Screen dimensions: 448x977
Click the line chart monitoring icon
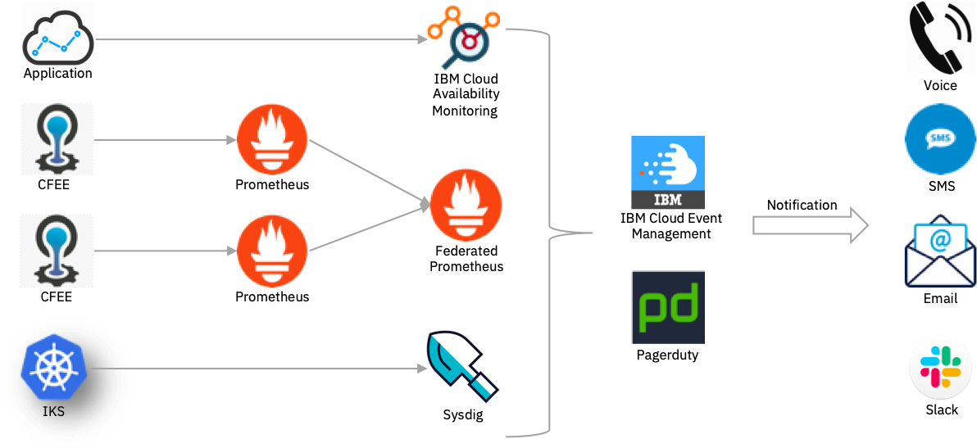click(57, 38)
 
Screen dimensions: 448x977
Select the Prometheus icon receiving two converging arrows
click(466, 205)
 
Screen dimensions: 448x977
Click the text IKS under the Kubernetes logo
click(53, 411)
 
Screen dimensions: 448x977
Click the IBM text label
click(667, 198)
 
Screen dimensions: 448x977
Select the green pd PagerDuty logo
click(667, 306)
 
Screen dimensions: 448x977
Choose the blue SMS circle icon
click(939, 139)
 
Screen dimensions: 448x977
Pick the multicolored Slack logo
click(940, 365)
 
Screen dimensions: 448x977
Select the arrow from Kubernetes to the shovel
click(262, 369)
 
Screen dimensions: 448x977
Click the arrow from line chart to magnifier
click(262, 38)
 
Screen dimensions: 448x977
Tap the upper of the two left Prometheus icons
click(272, 140)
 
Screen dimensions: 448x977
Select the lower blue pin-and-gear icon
click(57, 251)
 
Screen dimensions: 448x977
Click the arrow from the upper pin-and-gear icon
click(164, 140)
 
